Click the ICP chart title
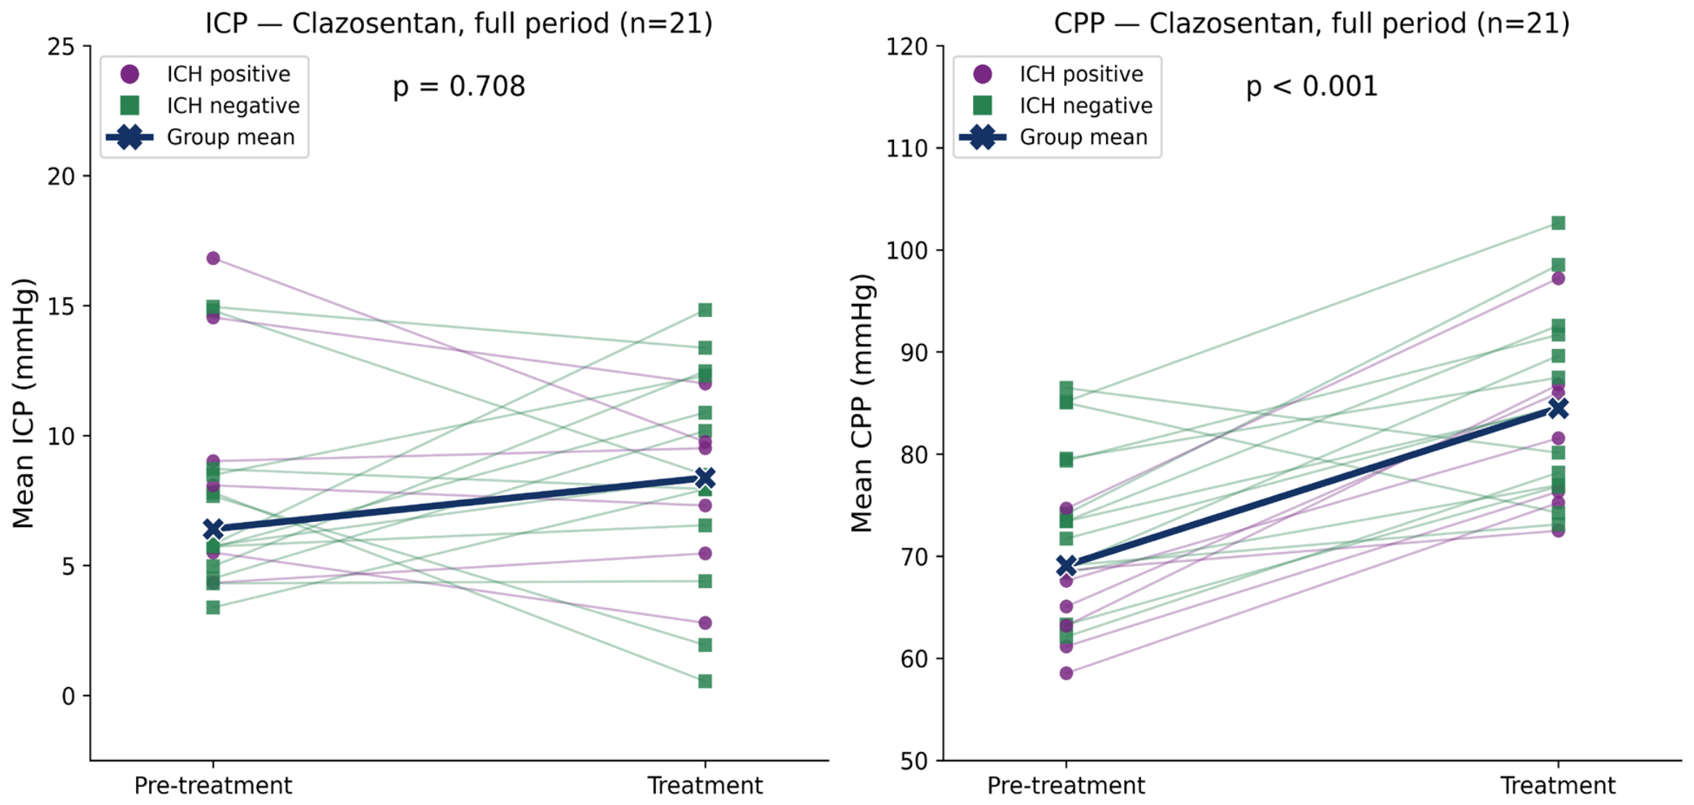tap(459, 23)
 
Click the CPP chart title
tap(1312, 23)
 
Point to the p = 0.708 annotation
tap(459, 87)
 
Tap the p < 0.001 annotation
tap(1312, 87)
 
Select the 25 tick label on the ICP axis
tap(61, 47)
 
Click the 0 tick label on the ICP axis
tap(68, 696)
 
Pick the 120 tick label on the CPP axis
tap(907, 47)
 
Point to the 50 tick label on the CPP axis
tap(914, 761)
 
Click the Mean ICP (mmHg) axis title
tap(23, 403)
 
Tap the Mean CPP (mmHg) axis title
tap(861, 403)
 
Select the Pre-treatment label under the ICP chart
tap(213, 785)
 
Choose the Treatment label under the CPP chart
tap(1558, 785)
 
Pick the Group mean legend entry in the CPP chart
tap(1054, 137)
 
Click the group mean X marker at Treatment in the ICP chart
tap(704, 479)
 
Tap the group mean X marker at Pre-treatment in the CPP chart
tap(1066, 566)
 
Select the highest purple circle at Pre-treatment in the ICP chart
tap(213, 258)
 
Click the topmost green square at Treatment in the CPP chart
tap(1558, 223)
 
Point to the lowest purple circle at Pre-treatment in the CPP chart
tap(1066, 673)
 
